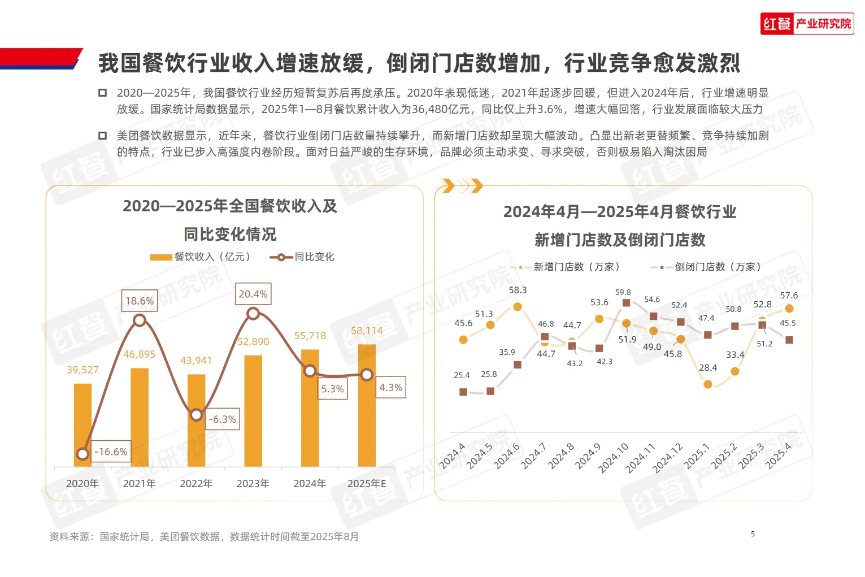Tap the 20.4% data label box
(x=253, y=294)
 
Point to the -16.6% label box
(x=111, y=452)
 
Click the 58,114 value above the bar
(x=367, y=331)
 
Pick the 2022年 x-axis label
(x=196, y=484)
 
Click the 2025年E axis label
(x=367, y=484)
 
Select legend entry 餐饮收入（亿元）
(x=201, y=257)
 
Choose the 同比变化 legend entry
(x=303, y=257)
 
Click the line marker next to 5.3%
(x=310, y=371)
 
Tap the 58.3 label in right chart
(x=518, y=290)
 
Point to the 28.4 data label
(x=708, y=367)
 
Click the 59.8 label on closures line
(x=623, y=292)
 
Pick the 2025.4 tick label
(x=779, y=455)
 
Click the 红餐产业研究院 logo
(x=807, y=24)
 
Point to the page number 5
(x=753, y=534)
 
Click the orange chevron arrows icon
(x=462, y=185)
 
